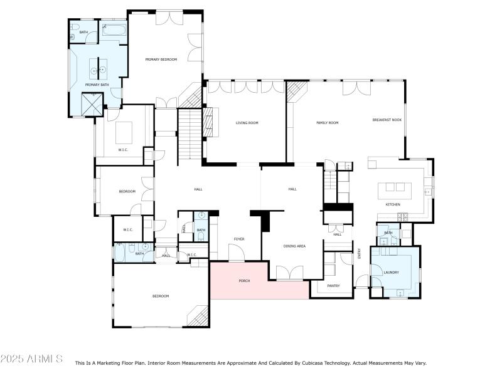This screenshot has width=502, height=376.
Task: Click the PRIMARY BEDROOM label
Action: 161,60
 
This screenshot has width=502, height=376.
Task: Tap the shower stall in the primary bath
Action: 93,103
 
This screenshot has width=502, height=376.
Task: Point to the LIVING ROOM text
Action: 247,123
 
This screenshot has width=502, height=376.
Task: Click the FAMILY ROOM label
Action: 327,123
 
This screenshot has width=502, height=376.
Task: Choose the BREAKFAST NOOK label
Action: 387,120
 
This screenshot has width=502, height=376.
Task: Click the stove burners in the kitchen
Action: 402,217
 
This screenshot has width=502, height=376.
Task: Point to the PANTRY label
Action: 333,286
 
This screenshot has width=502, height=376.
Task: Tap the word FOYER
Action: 239,239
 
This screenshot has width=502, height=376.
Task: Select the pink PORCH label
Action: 244,281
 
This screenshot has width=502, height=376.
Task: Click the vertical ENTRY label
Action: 360,253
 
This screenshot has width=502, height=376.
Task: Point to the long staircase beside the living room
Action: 189,134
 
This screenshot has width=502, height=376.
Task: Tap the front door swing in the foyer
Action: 235,253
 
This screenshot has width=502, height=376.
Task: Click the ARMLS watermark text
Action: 31,359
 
